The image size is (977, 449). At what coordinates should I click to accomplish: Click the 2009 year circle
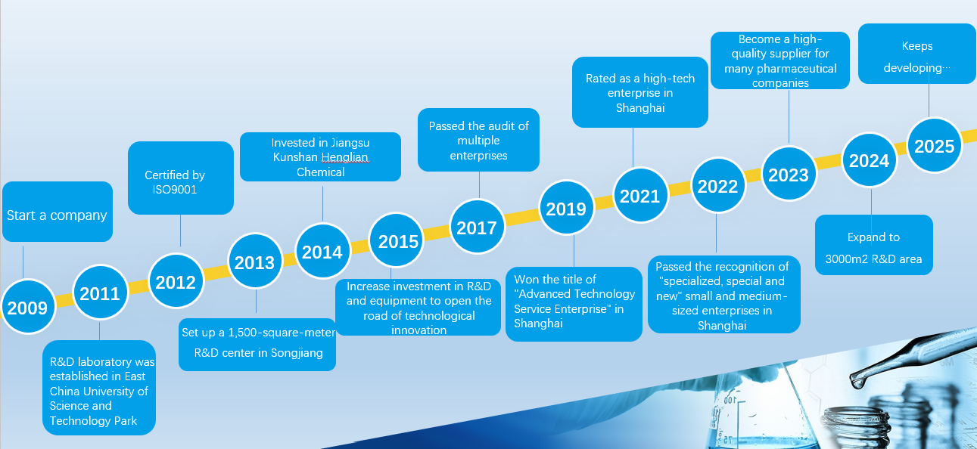[x=28, y=307]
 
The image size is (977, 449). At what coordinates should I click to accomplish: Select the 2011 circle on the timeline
[x=100, y=293]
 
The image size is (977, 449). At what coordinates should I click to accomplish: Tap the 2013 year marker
[x=255, y=262]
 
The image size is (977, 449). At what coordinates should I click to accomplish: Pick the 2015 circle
[x=397, y=240]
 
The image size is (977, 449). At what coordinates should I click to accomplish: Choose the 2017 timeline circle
[x=478, y=227]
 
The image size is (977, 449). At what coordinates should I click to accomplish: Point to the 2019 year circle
[x=567, y=208]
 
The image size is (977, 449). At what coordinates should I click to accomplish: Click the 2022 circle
[x=718, y=185]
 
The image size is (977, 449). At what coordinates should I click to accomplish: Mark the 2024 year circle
[x=870, y=160]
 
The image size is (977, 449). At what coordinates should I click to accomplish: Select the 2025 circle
[x=935, y=145]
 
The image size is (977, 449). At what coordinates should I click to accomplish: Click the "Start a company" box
[x=58, y=212]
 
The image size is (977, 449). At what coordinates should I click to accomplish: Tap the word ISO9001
[x=175, y=190]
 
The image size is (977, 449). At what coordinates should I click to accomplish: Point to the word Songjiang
[x=297, y=353]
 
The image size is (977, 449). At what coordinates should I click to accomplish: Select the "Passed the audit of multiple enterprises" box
[x=478, y=140]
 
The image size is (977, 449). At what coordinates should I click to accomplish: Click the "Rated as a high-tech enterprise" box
[x=639, y=92]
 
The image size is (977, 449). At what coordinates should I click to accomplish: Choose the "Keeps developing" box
[x=916, y=54]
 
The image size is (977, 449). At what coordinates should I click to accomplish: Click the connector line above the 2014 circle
[x=322, y=204]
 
